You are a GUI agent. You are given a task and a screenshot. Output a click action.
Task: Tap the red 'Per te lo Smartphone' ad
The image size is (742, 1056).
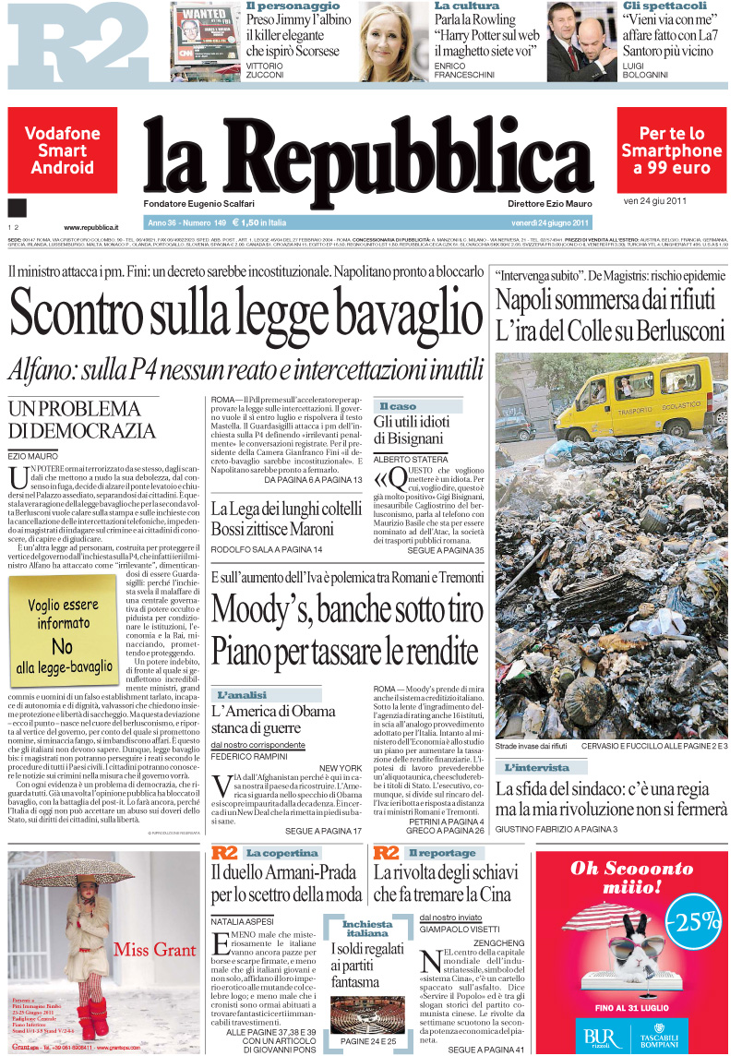[x=671, y=150]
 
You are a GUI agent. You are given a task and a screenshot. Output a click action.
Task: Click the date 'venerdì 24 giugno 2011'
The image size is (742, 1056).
[x=550, y=222]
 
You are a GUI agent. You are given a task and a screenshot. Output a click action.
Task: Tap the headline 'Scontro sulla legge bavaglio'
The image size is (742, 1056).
[x=241, y=315]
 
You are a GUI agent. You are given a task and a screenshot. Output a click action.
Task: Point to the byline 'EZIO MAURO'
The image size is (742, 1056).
[x=32, y=456]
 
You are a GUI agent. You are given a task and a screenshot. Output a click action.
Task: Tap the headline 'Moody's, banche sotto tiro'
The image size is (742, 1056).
[x=347, y=610]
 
